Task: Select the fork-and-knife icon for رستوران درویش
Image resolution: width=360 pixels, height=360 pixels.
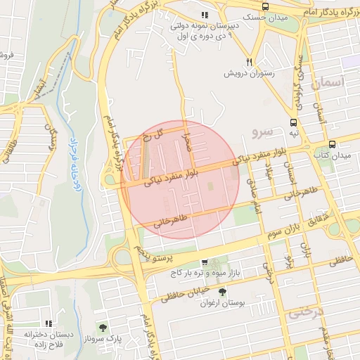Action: point(249,61)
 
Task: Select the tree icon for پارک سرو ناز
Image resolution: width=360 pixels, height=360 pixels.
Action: point(103,328)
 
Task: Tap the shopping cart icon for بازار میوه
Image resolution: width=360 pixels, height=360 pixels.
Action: point(205,262)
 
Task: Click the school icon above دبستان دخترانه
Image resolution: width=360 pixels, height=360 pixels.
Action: point(49,314)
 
